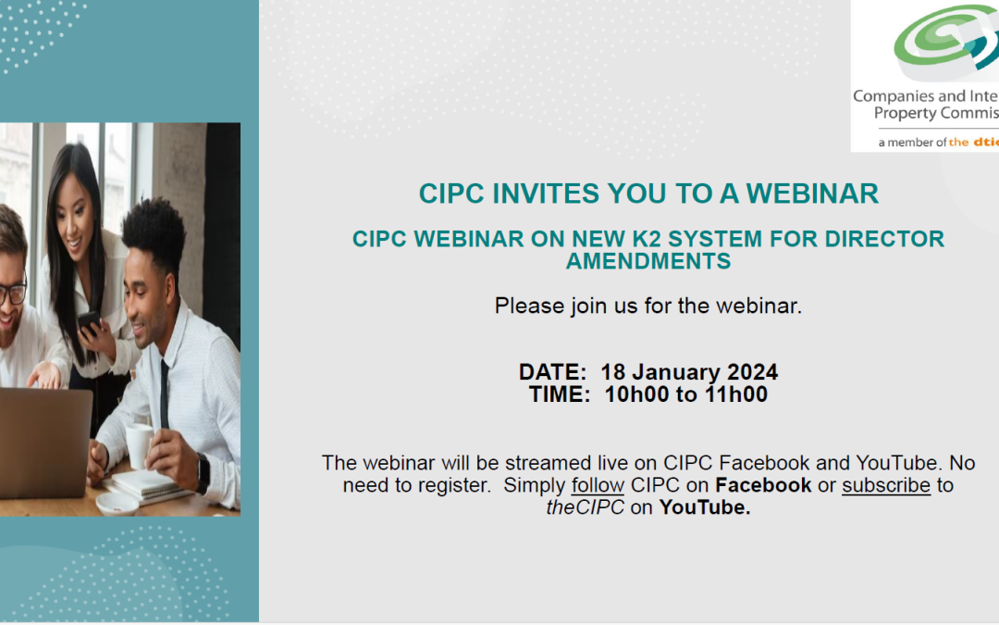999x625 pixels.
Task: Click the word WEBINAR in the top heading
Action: tap(812, 194)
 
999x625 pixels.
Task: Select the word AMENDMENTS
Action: tap(648, 261)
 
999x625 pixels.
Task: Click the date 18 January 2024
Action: tap(689, 372)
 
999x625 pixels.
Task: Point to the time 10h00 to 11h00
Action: tap(686, 394)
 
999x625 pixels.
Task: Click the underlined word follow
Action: tap(598, 485)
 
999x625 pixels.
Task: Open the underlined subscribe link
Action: tap(886, 485)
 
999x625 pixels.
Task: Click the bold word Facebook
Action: tap(763, 485)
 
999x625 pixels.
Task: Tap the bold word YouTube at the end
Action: tap(705, 507)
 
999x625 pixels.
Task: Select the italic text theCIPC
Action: tap(585, 507)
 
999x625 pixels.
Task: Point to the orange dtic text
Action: tap(986, 143)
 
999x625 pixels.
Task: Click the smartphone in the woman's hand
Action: tap(89, 323)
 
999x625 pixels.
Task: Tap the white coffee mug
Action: tap(139, 445)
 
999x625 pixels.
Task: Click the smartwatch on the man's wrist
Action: tap(203, 474)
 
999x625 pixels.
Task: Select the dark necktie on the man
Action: tap(165, 394)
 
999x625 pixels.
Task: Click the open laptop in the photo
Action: tap(44, 443)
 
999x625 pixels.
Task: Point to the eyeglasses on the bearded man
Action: tap(12, 294)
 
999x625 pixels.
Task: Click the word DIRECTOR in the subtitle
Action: tap(884, 239)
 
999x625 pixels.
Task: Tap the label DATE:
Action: tap(552, 372)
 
